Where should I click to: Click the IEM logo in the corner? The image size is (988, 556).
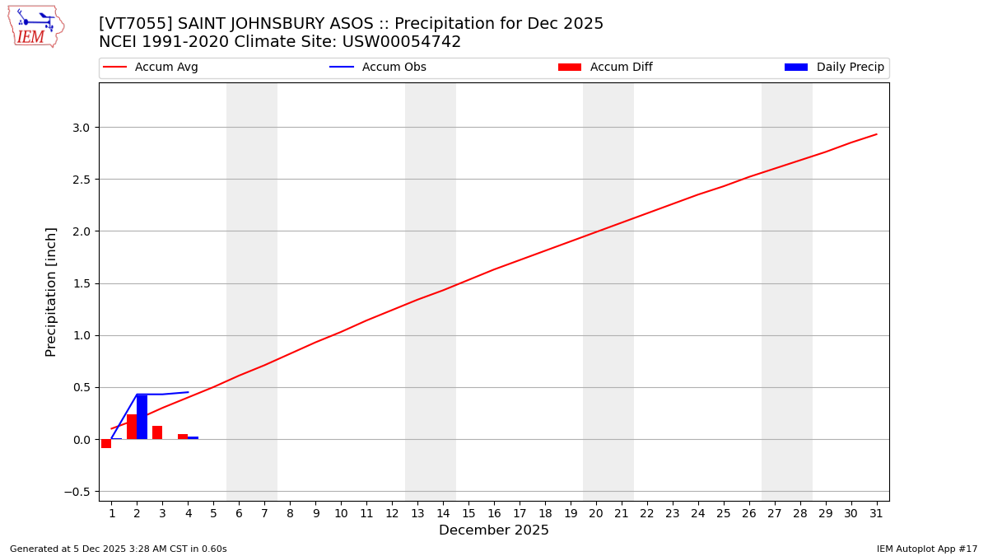click(35, 26)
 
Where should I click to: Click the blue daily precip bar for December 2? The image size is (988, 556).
click(142, 417)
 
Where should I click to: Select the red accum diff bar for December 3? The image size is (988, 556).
click(157, 432)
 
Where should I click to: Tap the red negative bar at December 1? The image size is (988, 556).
click(106, 443)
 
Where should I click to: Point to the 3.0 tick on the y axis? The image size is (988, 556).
click(81, 128)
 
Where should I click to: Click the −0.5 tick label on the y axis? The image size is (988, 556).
click(77, 492)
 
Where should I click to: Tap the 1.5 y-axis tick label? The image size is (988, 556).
click(81, 283)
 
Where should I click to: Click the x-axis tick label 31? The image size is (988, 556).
click(876, 514)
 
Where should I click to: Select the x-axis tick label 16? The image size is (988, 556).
click(494, 514)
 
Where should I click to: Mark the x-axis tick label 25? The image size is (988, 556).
click(723, 514)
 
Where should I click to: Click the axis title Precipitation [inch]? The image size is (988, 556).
click(51, 292)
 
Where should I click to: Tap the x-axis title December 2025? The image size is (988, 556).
click(494, 530)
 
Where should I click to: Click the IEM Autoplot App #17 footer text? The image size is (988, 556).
click(927, 549)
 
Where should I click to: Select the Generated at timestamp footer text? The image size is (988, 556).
click(119, 549)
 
